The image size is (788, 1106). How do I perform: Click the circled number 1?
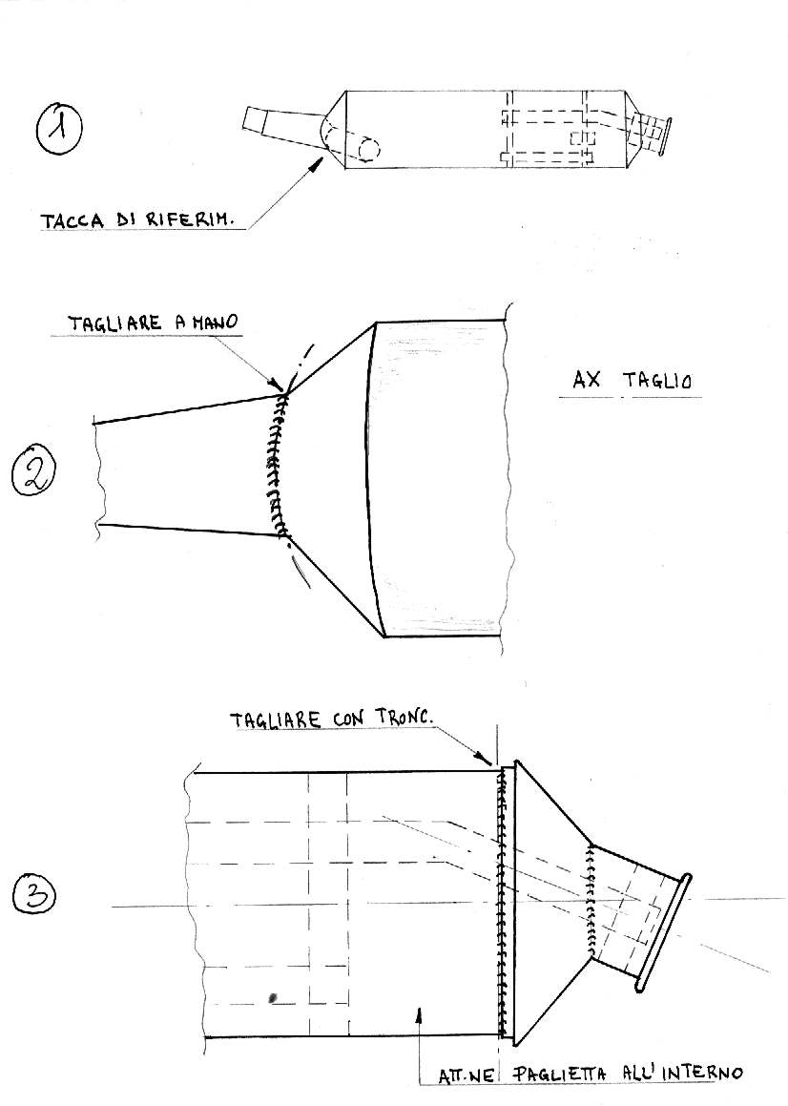(59, 129)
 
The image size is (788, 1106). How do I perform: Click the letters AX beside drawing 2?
(587, 380)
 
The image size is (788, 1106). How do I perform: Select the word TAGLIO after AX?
(657, 381)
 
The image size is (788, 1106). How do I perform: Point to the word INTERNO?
(700, 1073)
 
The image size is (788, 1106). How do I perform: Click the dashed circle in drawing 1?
(369, 149)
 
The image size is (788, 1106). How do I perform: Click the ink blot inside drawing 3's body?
(272, 997)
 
